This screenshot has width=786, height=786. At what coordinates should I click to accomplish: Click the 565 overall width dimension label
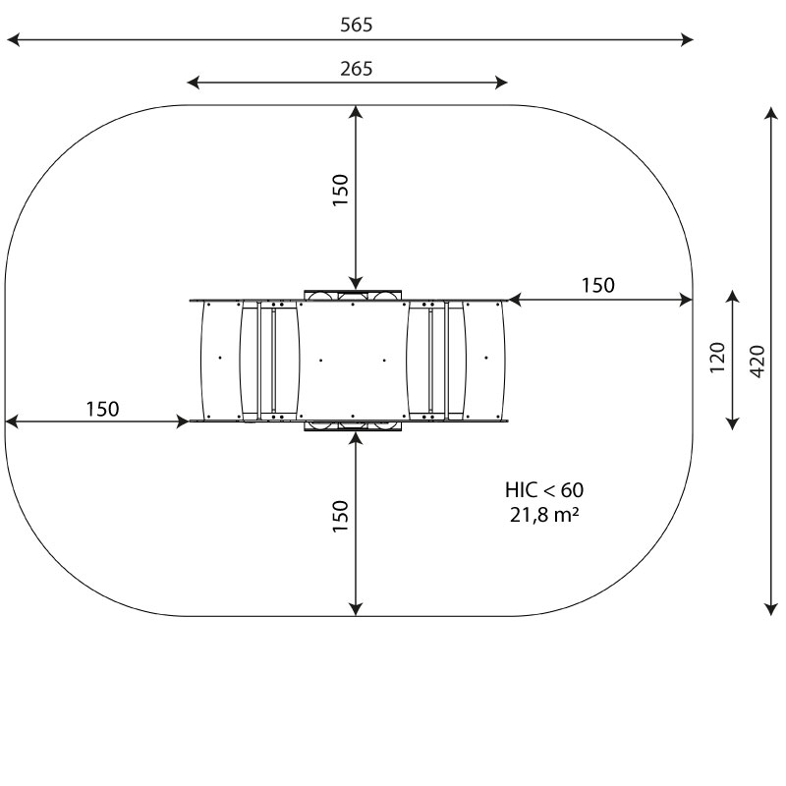coord(357,26)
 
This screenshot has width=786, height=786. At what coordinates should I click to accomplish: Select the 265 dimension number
coord(357,69)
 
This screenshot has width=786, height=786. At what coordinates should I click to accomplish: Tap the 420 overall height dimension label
coord(758,362)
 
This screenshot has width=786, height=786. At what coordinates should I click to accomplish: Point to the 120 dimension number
coord(718,358)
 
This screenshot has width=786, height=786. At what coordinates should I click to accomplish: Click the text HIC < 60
coord(544,489)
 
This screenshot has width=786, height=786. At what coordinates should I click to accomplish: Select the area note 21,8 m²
coord(545,515)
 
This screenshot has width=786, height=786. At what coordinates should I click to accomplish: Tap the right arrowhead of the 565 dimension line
coord(687,39)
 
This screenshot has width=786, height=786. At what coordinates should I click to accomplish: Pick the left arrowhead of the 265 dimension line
coord(193,83)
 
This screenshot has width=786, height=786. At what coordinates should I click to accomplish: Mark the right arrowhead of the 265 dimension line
coord(501,83)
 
